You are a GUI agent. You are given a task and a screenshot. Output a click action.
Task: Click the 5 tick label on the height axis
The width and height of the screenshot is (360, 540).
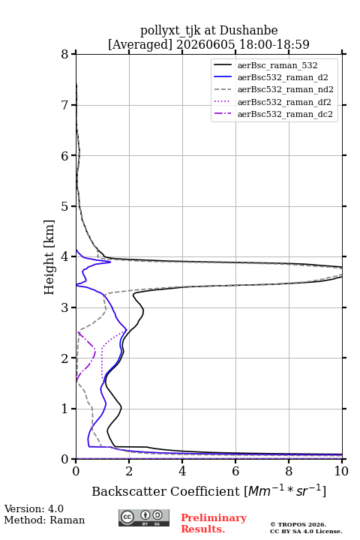tap(65, 206)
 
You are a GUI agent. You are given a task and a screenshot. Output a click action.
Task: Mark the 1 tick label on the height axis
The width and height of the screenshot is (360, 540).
tap(65, 409)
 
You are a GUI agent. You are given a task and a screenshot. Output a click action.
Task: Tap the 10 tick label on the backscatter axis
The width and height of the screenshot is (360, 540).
tap(341, 471)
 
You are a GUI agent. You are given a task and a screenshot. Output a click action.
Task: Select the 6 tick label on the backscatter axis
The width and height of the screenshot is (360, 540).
tap(235, 471)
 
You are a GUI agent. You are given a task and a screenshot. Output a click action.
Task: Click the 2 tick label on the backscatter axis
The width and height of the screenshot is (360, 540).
tap(129, 471)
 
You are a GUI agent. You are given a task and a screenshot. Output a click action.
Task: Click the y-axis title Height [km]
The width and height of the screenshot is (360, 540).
tap(49, 257)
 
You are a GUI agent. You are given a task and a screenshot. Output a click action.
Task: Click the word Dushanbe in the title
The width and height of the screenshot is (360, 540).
tap(248, 31)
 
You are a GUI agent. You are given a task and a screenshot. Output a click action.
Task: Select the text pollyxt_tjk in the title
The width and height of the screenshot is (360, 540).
tap(170, 31)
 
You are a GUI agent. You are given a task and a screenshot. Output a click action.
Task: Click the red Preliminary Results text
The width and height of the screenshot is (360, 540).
tap(214, 523)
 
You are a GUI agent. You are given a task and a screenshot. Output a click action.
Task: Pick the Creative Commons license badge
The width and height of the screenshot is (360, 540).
tap(144, 518)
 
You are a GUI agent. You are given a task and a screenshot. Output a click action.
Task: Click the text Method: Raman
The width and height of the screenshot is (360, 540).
tap(44, 520)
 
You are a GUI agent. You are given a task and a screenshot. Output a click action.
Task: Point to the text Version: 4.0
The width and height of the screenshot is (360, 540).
tap(34, 508)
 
